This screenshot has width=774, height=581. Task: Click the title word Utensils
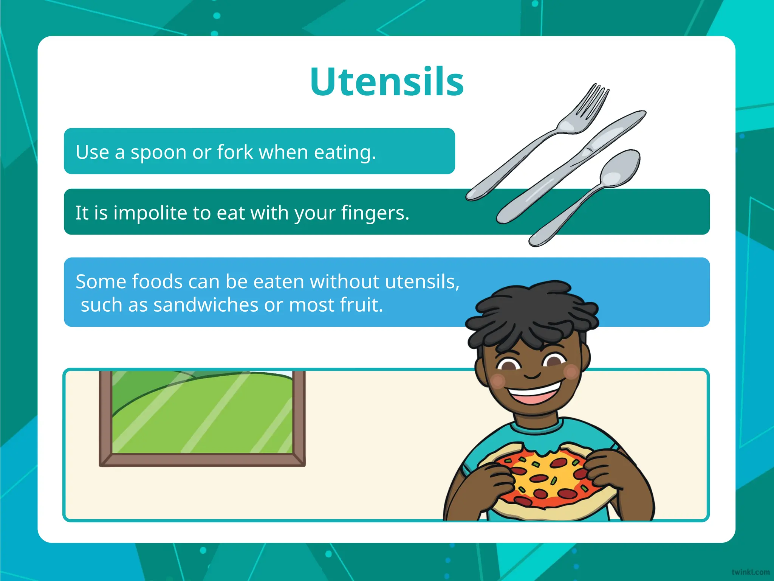(x=387, y=82)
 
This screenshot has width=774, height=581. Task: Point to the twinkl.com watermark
(x=750, y=572)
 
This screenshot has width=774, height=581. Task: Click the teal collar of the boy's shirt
(x=537, y=429)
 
